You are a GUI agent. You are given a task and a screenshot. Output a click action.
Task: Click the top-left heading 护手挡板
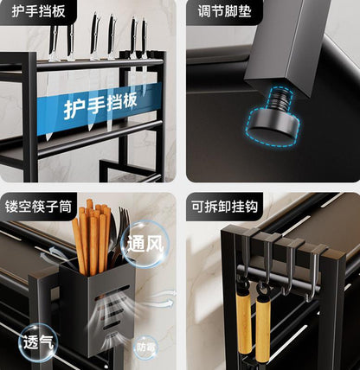click(x=38, y=10)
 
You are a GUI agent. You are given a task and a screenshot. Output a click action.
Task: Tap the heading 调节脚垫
click(x=224, y=10)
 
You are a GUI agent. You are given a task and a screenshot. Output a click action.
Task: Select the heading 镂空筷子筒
click(x=38, y=207)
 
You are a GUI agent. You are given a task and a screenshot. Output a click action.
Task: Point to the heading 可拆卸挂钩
click(x=224, y=207)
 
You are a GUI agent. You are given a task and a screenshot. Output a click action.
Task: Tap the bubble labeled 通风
click(x=145, y=245)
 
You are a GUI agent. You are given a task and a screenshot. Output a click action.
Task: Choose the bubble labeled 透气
click(x=38, y=342)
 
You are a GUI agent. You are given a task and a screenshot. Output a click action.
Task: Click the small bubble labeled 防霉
click(x=146, y=348)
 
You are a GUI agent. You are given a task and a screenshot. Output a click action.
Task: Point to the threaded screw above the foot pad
click(x=280, y=99)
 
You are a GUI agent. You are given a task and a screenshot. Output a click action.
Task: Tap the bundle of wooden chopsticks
click(x=92, y=236)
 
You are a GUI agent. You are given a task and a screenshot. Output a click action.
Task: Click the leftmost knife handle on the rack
click(x=54, y=40)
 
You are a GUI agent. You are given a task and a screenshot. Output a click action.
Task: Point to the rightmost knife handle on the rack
click(x=145, y=36)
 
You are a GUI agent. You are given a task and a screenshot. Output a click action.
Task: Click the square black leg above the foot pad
click(x=288, y=45)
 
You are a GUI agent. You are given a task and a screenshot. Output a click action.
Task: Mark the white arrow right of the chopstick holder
click(x=160, y=300)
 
